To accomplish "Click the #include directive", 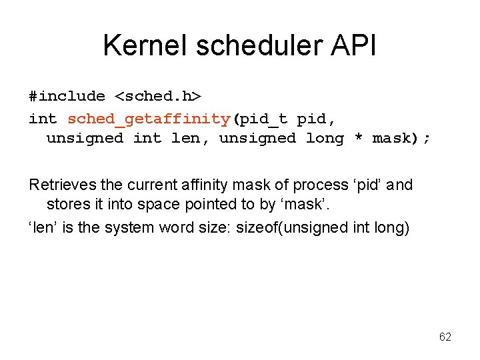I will (67, 96).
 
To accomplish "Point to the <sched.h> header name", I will (158, 96).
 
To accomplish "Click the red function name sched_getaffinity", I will (149, 119).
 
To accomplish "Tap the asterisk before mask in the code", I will (358, 139).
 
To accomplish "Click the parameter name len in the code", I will (186, 139).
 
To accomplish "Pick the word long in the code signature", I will (325, 139).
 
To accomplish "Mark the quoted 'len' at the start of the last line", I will (41, 227).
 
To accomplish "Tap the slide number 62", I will (445, 337).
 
